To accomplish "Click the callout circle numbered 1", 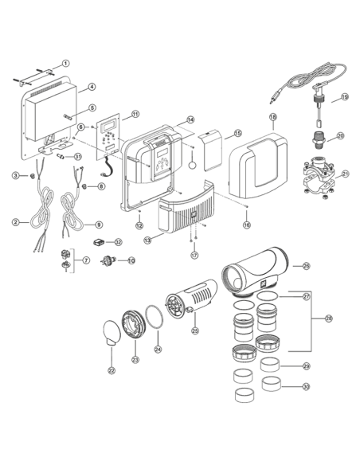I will [67, 63].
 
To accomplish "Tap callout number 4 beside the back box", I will [92, 87].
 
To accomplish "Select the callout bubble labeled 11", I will [135, 114].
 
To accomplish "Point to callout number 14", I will [190, 120].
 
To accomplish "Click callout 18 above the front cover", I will [272, 117].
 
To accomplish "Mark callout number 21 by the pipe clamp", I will [345, 173].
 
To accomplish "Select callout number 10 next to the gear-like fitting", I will [131, 260].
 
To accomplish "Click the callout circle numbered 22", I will [110, 369].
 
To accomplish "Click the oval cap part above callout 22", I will [112, 332].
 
